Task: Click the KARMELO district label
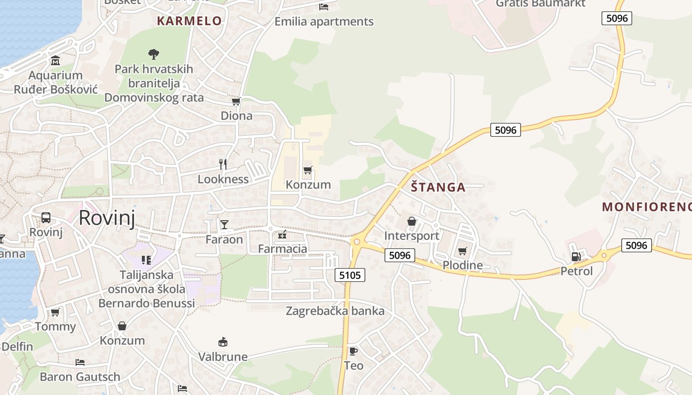click(189, 21)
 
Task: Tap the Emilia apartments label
click(324, 22)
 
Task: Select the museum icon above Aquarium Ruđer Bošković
click(55, 61)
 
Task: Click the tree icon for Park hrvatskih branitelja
click(154, 54)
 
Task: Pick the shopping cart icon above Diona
click(236, 101)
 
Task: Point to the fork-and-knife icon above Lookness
click(223, 164)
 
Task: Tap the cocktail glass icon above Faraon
click(224, 225)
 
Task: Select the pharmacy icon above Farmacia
click(282, 234)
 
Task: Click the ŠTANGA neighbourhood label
click(438, 187)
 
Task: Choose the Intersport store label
click(412, 236)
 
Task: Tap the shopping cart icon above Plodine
click(462, 251)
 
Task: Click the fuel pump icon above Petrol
click(576, 256)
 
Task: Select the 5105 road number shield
click(350, 275)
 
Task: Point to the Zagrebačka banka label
click(335, 311)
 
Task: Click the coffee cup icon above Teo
click(353, 351)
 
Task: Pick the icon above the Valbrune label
click(223, 342)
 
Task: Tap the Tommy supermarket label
click(55, 326)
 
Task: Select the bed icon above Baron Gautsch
click(80, 362)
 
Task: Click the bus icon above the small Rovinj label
click(46, 217)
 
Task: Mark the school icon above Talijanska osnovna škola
click(146, 260)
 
